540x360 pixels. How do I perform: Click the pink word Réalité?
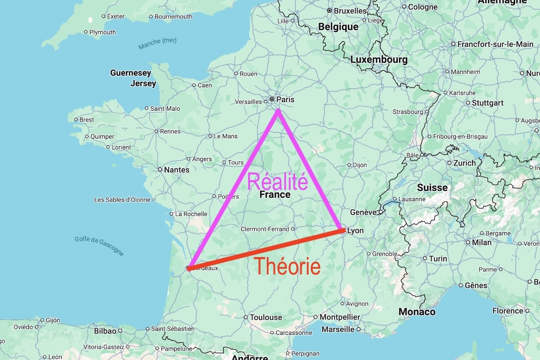(x=278, y=181)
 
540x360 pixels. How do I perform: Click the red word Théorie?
(x=287, y=266)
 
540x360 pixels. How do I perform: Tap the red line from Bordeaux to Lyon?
(x=265, y=250)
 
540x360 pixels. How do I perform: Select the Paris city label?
(x=285, y=99)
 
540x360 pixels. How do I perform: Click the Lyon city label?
(x=355, y=230)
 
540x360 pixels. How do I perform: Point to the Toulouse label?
(x=265, y=317)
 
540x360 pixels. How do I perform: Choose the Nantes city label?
(x=176, y=170)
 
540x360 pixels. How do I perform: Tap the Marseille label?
(x=338, y=329)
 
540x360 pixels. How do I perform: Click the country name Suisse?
(x=432, y=187)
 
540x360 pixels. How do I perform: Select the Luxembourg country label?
(x=379, y=59)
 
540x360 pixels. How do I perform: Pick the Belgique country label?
(x=338, y=27)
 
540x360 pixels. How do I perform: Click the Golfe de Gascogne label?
(x=99, y=246)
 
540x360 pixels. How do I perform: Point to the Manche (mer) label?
(x=157, y=44)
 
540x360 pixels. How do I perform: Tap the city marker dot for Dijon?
(x=349, y=165)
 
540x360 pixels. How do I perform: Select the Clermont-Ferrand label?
(x=265, y=229)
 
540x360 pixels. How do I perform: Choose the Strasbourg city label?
(x=408, y=112)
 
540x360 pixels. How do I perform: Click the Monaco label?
(x=417, y=312)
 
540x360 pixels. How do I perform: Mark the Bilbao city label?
(x=105, y=331)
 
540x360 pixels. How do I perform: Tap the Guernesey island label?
(x=130, y=73)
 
